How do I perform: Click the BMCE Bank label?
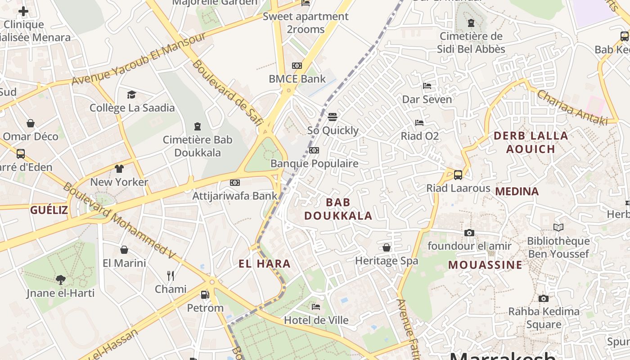pyautogui.click(x=297, y=79)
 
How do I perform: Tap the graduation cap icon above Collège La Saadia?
pyautogui.click(x=131, y=94)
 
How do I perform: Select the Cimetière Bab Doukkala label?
pyautogui.click(x=198, y=146)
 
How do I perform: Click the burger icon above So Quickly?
pyautogui.click(x=333, y=117)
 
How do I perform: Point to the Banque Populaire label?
pyautogui.click(x=314, y=163)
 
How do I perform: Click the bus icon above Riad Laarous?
pyautogui.click(x=458, y=175)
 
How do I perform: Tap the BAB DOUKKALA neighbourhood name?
pyautogui.click(x=338, y=209)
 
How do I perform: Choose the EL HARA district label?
pyautogui.click(x=265, y=264)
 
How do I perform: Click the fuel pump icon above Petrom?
pyautogui.click(x=205, y=295)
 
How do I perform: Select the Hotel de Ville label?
pyautogui.click(x=316, y=320)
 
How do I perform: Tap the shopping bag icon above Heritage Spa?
pyautogui.click(x=387, y=247)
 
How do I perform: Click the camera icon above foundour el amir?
pyautogui.click(x=469, y=233)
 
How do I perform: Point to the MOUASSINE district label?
pyautogui.click(x=485, y=265)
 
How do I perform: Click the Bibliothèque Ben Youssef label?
pyautogui.click(x=558, y=247)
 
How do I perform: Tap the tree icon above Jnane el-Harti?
pyautogui.click(x=61, y=280)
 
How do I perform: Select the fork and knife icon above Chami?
pyautogui.click(x=171, y=275)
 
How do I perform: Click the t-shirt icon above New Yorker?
pyautogui.click(x=119, y=169)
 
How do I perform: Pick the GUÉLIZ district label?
pyautogui.click(x=49, y=210)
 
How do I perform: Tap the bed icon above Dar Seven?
pyautogui.click(x=427, y=86)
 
